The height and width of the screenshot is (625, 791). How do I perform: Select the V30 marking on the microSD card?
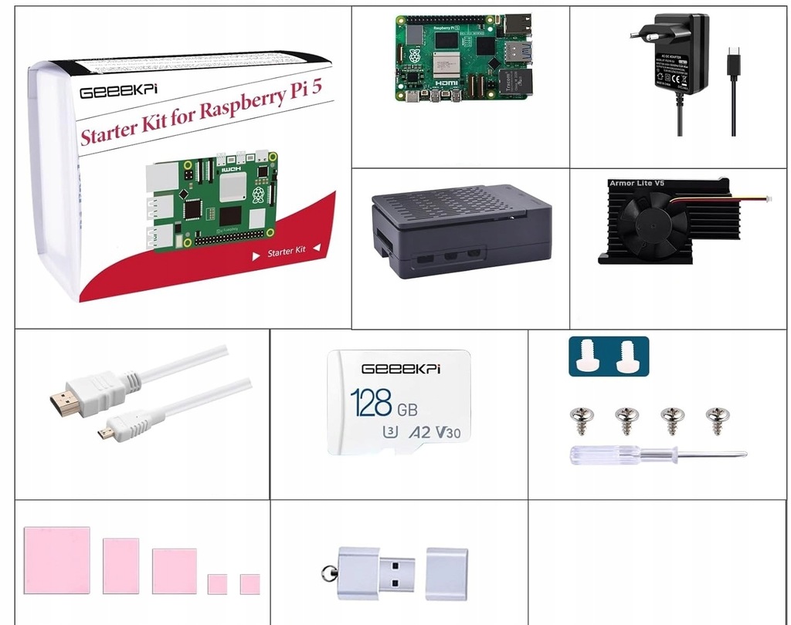(x=447, y=432)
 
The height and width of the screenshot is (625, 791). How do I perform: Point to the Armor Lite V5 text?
(x=637, y=183)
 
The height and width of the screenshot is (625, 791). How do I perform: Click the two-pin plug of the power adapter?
(x=641, y=32)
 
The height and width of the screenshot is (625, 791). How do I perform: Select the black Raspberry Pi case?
(x=462, y=231)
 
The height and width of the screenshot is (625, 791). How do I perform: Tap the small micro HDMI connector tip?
(x=104, y=434)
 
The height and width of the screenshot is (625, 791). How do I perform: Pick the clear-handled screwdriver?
(x=657, y=454)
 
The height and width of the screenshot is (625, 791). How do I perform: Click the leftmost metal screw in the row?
(x=581, y=420)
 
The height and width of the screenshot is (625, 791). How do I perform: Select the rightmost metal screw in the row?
(x=715, y=420)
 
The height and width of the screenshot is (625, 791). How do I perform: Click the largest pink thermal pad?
(x=56, y=560)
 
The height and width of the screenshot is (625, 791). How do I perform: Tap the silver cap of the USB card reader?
(x=446, y=573)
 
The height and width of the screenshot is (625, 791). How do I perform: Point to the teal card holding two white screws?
(x=608, y=356)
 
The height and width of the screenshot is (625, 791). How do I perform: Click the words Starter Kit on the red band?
(x=287, y=252)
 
